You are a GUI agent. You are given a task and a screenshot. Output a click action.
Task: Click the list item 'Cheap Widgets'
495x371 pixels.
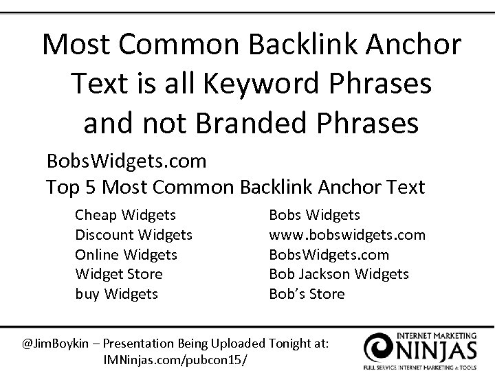click(x=125, y=216)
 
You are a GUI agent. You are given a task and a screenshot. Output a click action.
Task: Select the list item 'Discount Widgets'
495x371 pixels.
click(x=133, y=235)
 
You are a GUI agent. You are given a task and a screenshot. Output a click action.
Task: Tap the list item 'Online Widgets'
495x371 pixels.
click(x=126, y=255)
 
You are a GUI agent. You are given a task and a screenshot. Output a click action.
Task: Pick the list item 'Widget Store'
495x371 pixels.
click(x=119, y=274)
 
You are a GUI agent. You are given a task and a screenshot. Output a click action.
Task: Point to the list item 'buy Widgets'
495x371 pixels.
click(x=116, y=294)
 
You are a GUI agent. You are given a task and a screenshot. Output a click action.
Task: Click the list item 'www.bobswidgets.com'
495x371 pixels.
click(x=346, y=235)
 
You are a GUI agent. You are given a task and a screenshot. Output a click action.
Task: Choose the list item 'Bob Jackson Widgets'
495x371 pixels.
click(x=338, y=274)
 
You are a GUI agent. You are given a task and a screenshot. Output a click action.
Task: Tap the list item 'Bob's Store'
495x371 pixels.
click(x=307, y=294)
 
